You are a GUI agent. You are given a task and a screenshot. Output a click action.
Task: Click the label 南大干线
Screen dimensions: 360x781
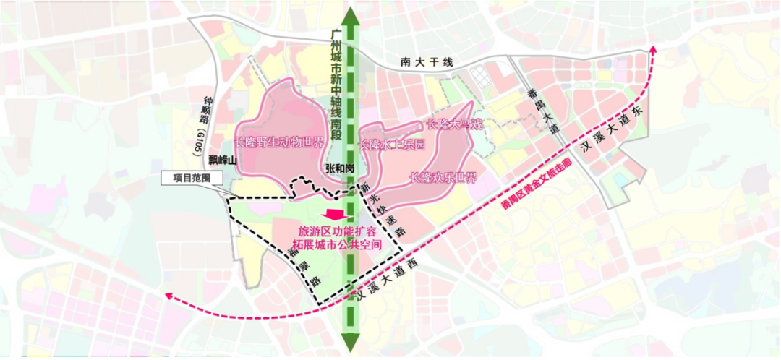point(427,63)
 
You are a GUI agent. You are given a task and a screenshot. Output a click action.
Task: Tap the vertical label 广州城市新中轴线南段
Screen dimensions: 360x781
point(335,85)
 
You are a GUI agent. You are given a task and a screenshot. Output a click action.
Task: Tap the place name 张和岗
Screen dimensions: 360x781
point(339,168)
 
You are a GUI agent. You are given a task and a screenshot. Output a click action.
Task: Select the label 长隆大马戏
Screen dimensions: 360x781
point(454,124)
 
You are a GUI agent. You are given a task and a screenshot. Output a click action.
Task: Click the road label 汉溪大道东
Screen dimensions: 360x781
point(611,134)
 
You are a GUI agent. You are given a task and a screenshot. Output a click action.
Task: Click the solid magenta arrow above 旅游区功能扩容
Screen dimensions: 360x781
point(335,215)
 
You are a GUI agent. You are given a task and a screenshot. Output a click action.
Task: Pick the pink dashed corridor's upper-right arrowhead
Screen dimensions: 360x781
point(653,49)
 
